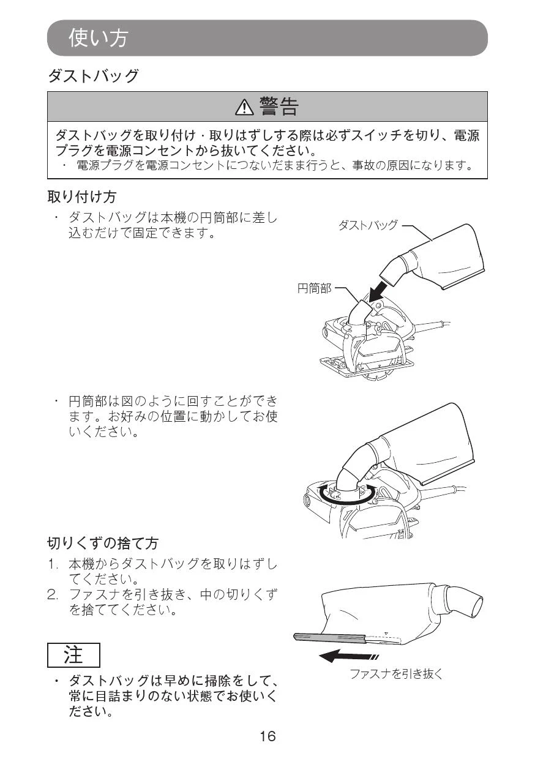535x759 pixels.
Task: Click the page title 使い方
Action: (x=99, y=37)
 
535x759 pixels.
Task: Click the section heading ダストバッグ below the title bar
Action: (x=93, y=75)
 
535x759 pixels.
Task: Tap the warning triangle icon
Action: (x=244, y=107)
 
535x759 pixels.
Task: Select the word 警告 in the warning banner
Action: (x=279, y=107)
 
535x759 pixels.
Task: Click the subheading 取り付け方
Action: (x=82, y=196)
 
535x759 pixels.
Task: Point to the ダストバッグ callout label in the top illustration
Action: (x=368, y=225)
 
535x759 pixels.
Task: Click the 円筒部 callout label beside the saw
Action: (x=315, y=288)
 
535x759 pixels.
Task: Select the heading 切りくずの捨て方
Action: (x=103, y=543)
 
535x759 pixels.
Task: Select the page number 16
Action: (x=267, y=736)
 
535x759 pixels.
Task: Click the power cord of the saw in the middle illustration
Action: (x=444, y=489)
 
